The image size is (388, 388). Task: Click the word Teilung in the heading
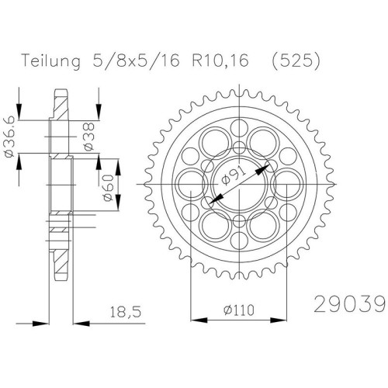coord(51,62)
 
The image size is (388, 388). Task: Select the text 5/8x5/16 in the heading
coord(136,61)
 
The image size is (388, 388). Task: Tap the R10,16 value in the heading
coord(220,61)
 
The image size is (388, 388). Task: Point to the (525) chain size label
coord(296,61)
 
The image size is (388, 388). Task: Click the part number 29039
coord(351,304)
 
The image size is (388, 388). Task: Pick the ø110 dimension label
coord(239,310)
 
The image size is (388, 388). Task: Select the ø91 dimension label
coord(234,176)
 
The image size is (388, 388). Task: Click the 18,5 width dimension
coord(126,312)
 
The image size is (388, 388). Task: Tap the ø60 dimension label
coord(109,188)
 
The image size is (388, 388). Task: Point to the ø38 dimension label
coord(88,137)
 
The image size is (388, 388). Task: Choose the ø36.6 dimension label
coord(9,137)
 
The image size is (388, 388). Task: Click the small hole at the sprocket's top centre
coord(239,128)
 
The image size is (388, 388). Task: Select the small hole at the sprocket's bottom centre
coord(239,241)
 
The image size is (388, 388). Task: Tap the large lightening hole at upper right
coord(262,143)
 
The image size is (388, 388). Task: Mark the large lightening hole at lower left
coord(216,225)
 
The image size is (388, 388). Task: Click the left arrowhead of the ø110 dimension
coord(199,320)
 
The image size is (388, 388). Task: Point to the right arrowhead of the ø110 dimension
coord(279,320)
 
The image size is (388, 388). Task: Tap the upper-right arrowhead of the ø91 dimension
coord(262,170)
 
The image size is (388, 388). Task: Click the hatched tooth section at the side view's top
coord(61,105)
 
